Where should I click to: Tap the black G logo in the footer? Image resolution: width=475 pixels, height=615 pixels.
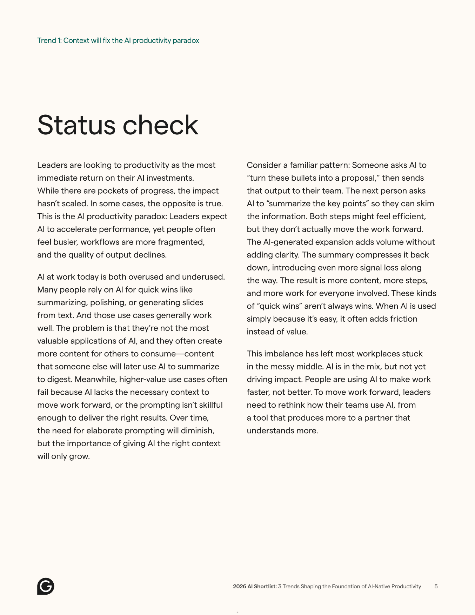pos(46,586)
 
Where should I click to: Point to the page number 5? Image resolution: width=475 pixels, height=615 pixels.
pos(436,587)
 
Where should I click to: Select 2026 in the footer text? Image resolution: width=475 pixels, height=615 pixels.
pos(239,587)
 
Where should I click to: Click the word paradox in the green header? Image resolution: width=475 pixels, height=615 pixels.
pos(186,41)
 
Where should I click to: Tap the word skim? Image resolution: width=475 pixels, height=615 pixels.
pos(426,203)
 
